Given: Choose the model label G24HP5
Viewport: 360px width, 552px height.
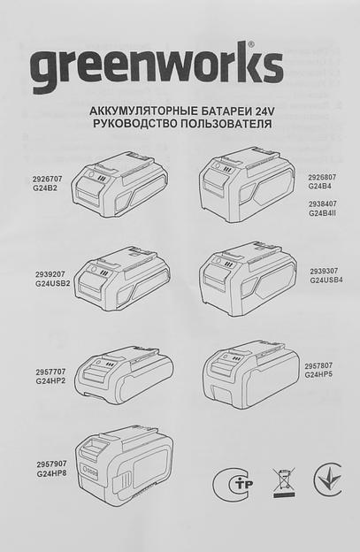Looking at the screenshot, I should pyautogui.click(x=320, y=374).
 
